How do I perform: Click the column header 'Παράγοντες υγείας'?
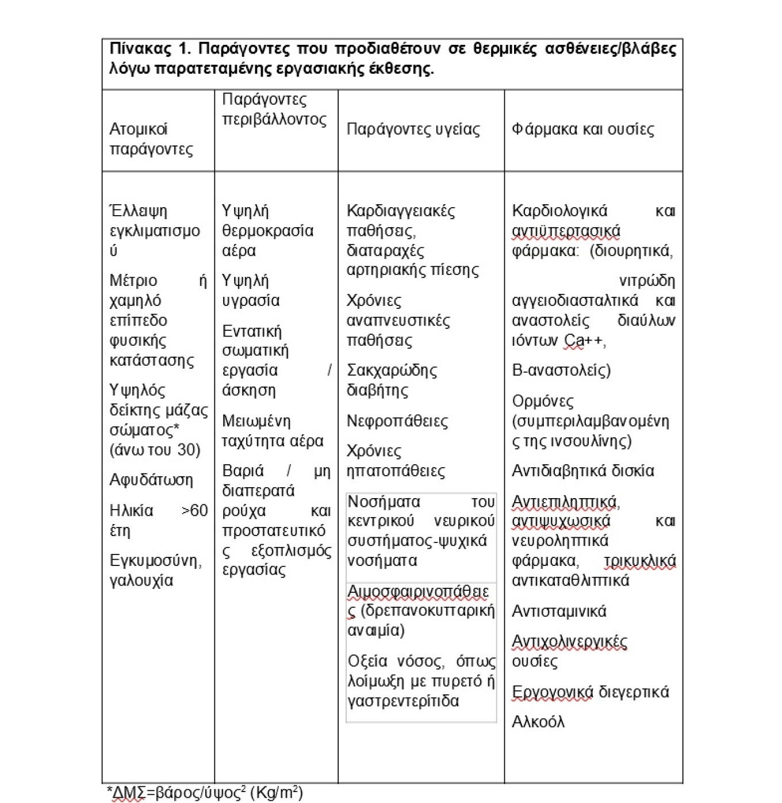[x=413, y=129]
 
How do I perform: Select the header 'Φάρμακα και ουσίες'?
[x=582, y=129]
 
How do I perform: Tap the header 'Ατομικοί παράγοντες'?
[x=151, y=139]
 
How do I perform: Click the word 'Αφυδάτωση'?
[x=151, y=480]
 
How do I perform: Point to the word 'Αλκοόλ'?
[x=538, y=722]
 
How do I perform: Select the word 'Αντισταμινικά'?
[x=559, y=611]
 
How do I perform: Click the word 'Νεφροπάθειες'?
[x=397, y=421]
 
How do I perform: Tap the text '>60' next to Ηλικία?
[x=194, y=511]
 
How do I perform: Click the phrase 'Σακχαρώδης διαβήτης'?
[x=391, y=380]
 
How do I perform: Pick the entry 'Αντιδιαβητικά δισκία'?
[x=582, y=471]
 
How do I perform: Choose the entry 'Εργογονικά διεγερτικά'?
[x=590, y=692]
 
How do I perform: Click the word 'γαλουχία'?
[x=141, y=580]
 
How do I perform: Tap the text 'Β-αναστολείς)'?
[x=561, y=370]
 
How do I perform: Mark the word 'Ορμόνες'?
[x=542, y=401]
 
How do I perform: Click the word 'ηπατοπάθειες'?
[x=396, y=471]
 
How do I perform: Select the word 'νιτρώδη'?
[x=647, y=281]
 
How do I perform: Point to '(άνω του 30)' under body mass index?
[x=155, y=450]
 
